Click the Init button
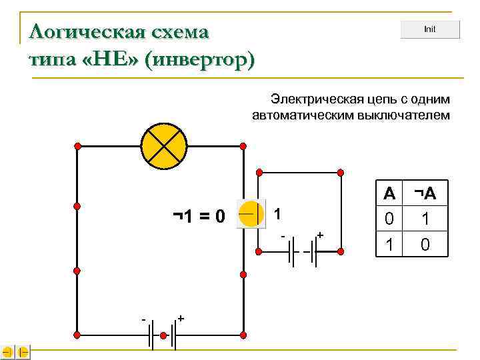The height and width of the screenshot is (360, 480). click(x=430, y=30)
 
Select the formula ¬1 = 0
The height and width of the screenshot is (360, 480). click(x=199, y=216)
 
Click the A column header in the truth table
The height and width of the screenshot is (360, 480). click(x=389, y=194)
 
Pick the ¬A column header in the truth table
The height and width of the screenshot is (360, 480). click(x=425, y=194)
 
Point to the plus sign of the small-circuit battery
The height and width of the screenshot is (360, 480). click(x=321, y=235)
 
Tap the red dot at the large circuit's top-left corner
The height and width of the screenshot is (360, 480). click(x=77, y=145)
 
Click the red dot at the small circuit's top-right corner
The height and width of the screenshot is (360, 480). click(x=341, y=173)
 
